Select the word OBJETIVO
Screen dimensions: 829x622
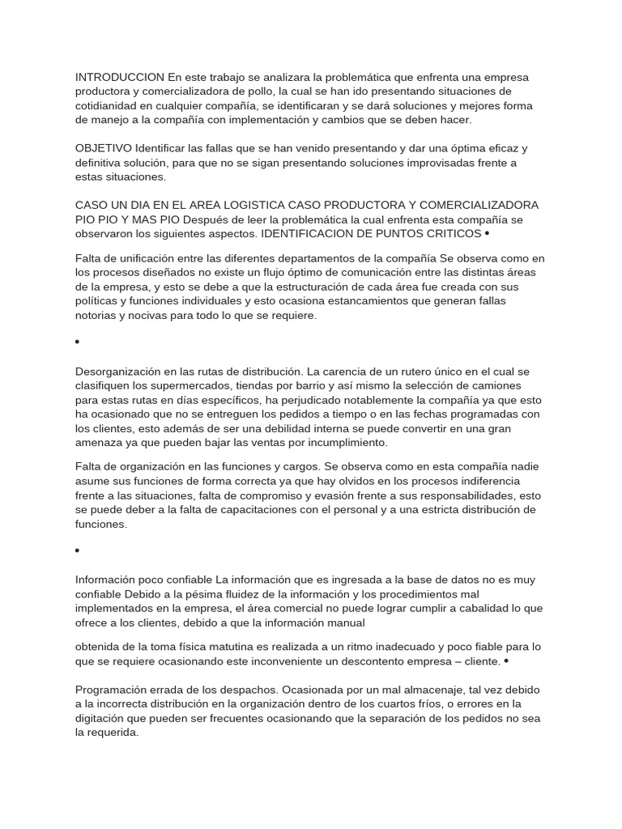click(104, 148)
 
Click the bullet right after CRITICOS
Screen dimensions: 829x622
click(487, 234)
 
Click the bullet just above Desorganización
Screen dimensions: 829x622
click(78, 342)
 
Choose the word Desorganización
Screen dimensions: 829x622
click(123, 371)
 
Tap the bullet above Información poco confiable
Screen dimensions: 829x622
click(78, 551)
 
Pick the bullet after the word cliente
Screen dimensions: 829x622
click(506, 661)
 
